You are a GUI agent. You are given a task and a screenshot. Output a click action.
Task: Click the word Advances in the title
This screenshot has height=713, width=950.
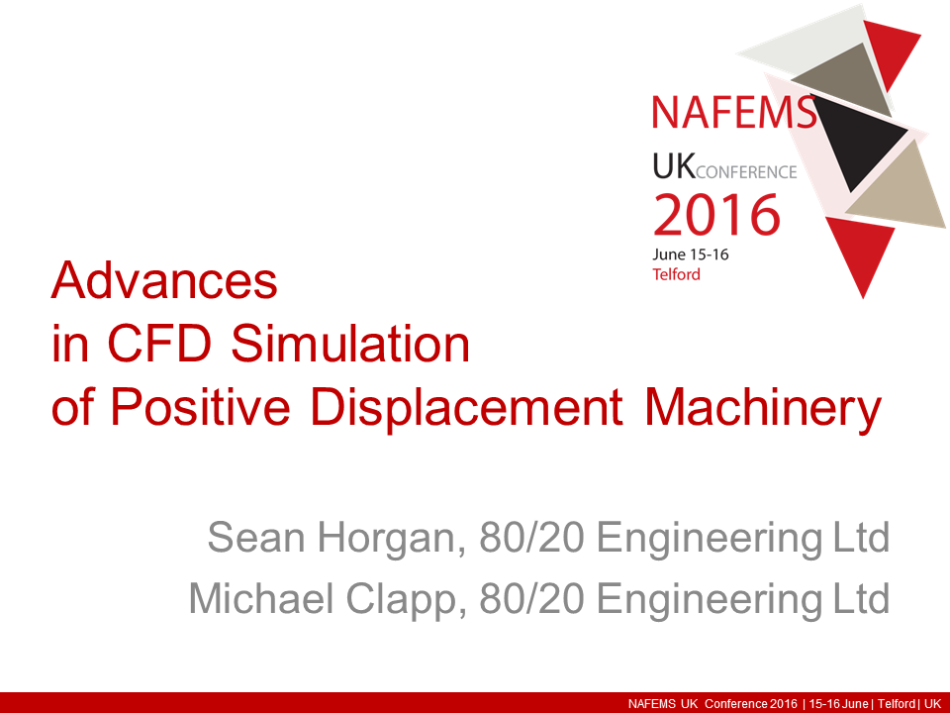tap(164, 281)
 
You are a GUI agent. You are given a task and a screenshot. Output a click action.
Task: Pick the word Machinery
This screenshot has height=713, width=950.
tap(762, 407)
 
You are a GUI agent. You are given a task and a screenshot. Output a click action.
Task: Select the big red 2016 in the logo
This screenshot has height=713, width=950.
tap(716, 214)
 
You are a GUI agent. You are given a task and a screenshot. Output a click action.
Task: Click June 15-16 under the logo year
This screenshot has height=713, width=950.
tap(692, 255)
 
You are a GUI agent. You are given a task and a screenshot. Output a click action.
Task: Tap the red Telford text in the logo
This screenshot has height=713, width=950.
tap(676, 274)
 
